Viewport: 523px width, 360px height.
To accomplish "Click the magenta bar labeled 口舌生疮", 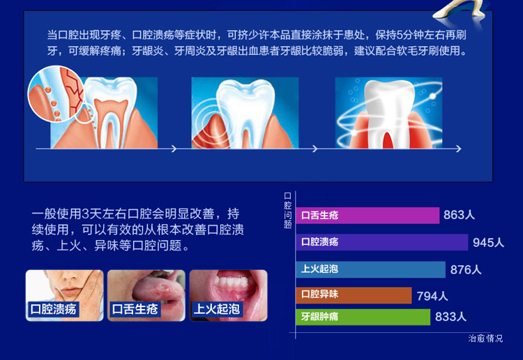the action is click(x=367, y=215).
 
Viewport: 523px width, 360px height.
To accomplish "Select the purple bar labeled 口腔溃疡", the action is click(x=382, y=242).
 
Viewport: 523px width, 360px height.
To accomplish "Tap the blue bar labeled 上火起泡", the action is click(x=370, y=269).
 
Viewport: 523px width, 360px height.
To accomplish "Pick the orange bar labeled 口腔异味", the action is click(x=354, y=295).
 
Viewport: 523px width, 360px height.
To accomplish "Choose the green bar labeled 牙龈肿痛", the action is click(x=363, y=317).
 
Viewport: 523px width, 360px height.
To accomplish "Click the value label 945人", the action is click(x=488, y=243).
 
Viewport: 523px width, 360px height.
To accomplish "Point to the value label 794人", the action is click(x=432, y=296).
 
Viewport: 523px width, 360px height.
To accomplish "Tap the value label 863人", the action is click(x=459, y=215).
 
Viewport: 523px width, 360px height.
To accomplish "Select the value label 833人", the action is click(x=450, y=317).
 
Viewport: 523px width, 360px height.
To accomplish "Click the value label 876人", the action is click(x=466, y=269).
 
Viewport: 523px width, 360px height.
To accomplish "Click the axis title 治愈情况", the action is click(x=485, y=338).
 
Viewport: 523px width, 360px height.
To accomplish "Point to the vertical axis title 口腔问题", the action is click(x=287, y=210).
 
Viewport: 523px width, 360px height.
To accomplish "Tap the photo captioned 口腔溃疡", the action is click(x=65, y=296).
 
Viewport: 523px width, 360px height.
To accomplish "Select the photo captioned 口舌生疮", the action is click(x=146, y=296).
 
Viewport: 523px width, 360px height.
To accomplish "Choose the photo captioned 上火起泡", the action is click(x=229, y=296).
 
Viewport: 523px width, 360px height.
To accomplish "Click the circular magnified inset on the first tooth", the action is click(x=56, y=93).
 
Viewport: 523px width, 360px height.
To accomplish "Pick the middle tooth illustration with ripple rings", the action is click(x=245, y=113).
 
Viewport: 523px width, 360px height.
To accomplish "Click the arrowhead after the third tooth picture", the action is click(x=459, y=149).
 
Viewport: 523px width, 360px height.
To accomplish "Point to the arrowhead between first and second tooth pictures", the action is click(x=174, y=149).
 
